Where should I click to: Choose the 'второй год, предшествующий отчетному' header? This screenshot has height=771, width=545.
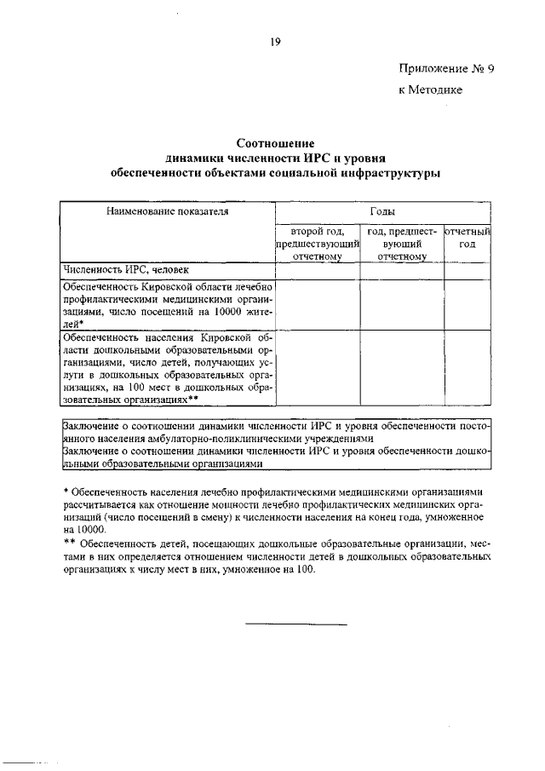point(316,242)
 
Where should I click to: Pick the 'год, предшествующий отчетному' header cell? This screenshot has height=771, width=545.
point(402,242)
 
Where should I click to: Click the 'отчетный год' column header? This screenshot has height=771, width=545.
point(469,236)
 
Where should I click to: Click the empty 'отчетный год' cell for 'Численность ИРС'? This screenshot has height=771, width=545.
point(469,270)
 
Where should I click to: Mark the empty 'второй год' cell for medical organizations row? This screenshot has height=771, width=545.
point(316,304)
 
